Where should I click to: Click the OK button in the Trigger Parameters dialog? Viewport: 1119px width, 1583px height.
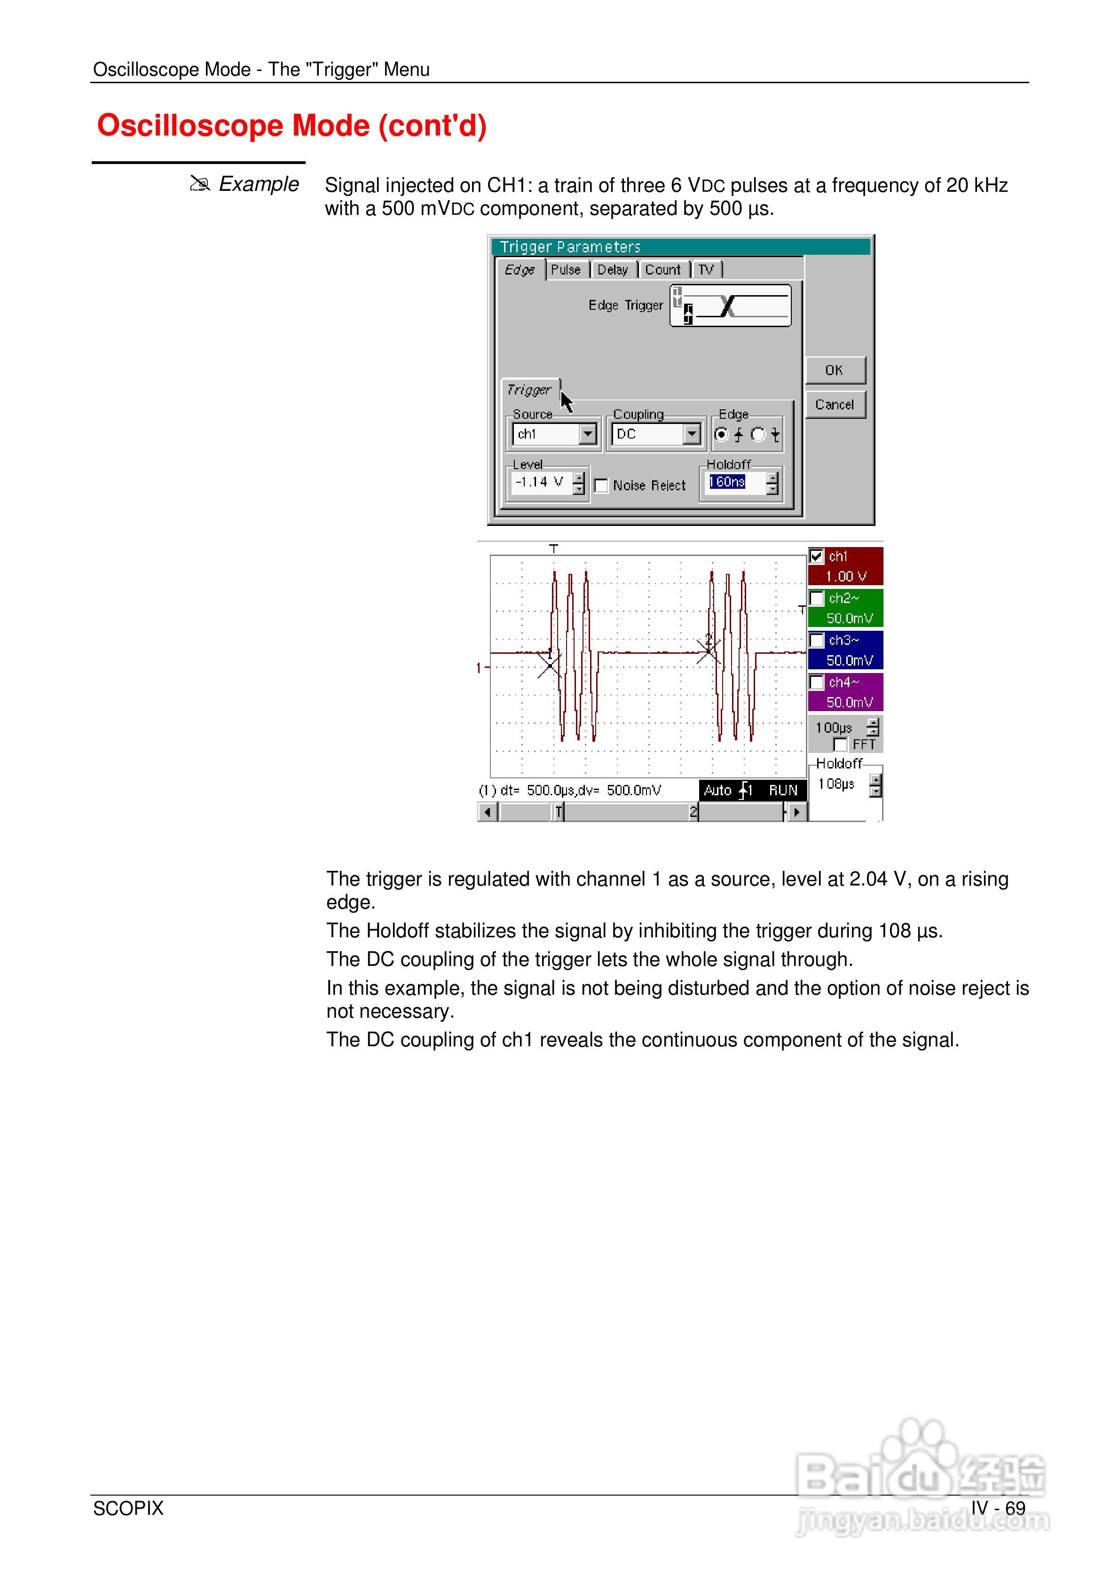tap(834, 370)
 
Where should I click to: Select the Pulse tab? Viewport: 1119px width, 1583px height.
tap(566, 270)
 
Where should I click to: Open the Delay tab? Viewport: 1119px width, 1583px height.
tap(613, 270)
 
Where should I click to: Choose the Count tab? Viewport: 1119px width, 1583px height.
tap(662, 270)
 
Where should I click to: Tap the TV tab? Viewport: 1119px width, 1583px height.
tap(706, 270)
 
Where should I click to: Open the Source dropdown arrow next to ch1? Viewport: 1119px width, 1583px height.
tap(587, 434)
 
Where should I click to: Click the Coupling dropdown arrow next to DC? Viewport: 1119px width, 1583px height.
tap(691, 434)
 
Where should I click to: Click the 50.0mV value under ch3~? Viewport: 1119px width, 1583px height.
tap(849, 660)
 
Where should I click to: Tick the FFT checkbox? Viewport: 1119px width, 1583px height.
tap(840, 744)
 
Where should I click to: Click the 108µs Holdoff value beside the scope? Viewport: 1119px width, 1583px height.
tap(836, 784)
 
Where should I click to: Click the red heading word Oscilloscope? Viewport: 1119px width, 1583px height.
tap(190, 125)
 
